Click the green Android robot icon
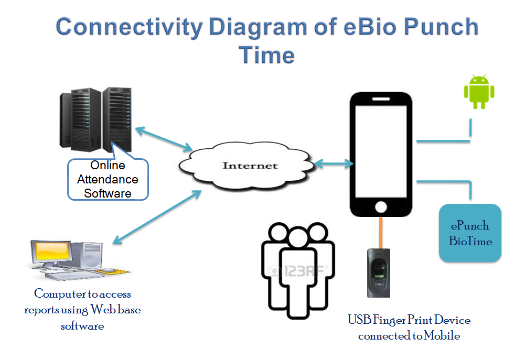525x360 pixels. (479, 92)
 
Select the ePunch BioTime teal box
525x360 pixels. (470, 233)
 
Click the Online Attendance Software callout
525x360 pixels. (108, 179)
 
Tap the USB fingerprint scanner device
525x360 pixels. (379, 272)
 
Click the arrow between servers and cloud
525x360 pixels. (163, 138)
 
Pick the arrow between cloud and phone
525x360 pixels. (333, 164)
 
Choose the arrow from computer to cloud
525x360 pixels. (157, 217)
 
